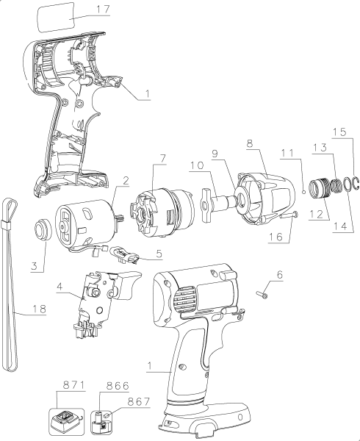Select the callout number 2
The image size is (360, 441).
126,181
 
